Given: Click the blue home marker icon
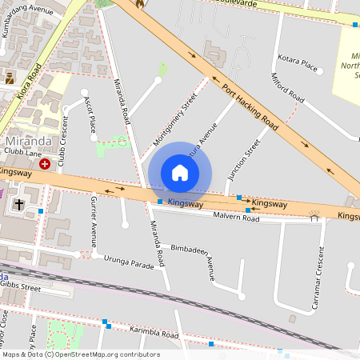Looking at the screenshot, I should pos(180,173).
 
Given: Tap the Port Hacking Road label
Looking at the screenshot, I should pos(250,106).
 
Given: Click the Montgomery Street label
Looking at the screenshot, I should pos(174,120).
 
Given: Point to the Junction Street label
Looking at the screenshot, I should pos(243,161).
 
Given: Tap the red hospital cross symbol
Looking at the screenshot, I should pos(45,162).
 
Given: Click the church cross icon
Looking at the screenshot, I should pos(19,204).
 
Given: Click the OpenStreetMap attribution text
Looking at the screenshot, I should pos(80,354).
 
